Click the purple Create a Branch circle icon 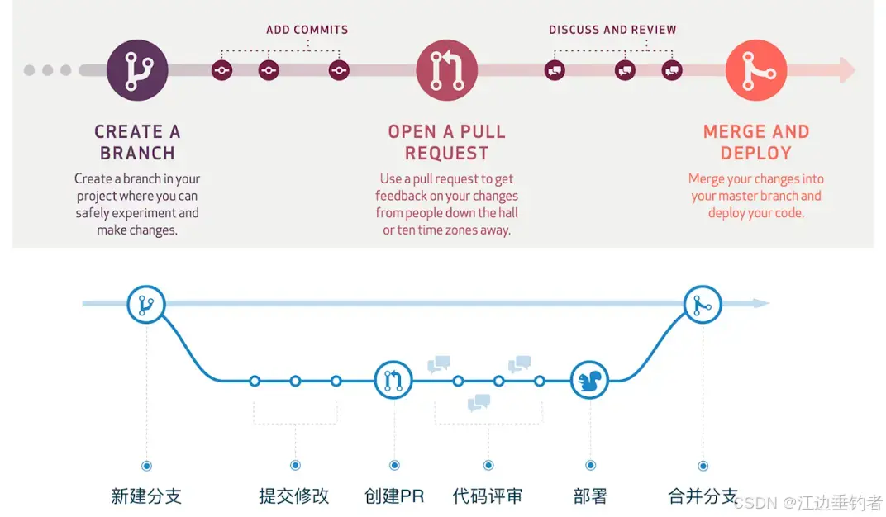[137, 70]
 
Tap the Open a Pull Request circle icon [447, 70]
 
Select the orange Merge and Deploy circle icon [755, 70]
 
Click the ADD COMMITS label [307, 30]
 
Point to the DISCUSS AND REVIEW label [612, 30]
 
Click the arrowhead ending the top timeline [846, 70]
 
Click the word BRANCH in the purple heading [137, 154]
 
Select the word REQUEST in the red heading [446, 154]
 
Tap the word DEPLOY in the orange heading [755, 154]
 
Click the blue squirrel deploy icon [590, 381]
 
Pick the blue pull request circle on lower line [393, 381]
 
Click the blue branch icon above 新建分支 [146, 304]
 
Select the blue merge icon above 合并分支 [703, 304]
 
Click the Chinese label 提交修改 [294, 496]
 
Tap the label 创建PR [394, 496]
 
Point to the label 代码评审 [488, 496]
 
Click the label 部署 [590, 496]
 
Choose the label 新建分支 [146, 496]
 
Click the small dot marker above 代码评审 [488, 466]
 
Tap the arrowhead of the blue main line [761, 304]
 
